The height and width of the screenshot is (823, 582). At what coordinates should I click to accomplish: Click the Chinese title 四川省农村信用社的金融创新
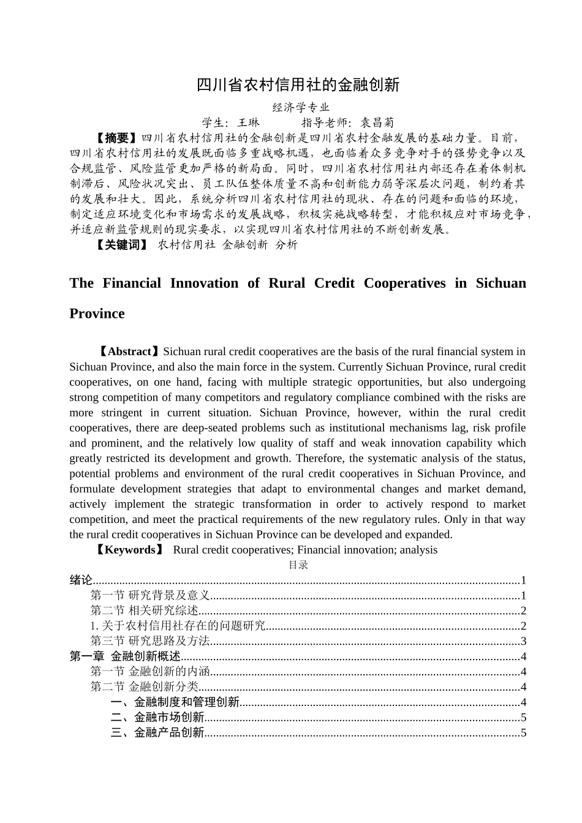pos(298,85)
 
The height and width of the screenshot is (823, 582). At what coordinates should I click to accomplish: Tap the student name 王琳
pos(249,122)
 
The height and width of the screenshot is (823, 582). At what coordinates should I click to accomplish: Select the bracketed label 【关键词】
pos(122,245)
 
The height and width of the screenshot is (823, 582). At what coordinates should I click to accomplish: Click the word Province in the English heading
pos(97,314)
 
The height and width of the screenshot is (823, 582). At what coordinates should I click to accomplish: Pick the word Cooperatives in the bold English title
pos(404,283)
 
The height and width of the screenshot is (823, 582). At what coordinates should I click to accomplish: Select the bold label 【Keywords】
pos(130,550)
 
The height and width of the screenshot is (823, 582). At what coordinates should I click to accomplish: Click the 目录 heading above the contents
pos(298,565)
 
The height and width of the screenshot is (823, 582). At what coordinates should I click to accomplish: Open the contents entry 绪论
pos(81,581)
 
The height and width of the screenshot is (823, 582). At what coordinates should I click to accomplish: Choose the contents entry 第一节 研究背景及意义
pos(150,596)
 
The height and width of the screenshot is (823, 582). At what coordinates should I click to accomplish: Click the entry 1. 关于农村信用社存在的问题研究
pos(178,626)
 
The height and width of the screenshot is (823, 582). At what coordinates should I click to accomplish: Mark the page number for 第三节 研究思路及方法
pos(523,641)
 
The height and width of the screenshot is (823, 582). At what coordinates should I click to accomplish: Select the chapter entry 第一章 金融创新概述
pos(125,656)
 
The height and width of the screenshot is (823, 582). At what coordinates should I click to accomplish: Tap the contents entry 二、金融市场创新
pos(157,718)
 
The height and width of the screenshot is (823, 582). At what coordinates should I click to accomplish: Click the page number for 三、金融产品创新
pos(523,733)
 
